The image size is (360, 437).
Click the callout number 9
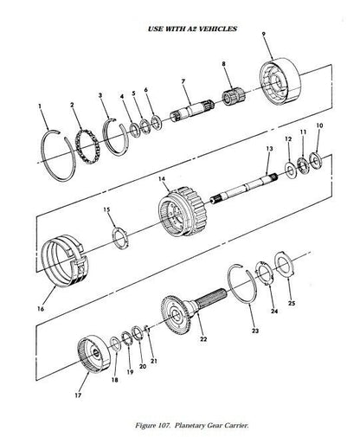[x=263, y=34]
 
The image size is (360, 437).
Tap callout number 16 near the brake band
[x=41, y=309]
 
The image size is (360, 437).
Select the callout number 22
[x=203, y=339]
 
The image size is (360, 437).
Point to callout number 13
[x=269, y=149]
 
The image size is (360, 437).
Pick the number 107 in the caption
[x=164, y=426]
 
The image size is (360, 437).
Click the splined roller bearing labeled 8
[x=233, y=97]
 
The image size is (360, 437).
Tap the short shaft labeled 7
[x=192, y=111]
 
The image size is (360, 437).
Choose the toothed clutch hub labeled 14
[x=183, y=212]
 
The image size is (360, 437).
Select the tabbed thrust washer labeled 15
[x=119, y=237]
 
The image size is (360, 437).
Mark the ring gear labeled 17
[x=94, y=355]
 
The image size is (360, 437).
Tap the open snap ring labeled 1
[x=44, y=150]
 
